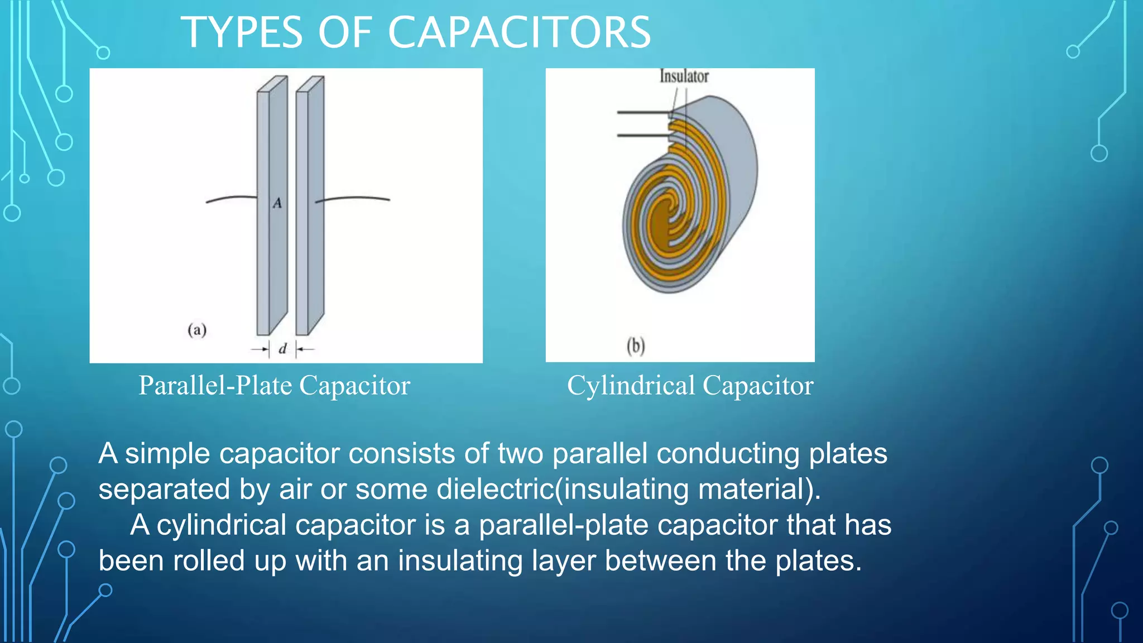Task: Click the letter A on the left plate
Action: (277, 203)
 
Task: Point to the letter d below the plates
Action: (282, 349)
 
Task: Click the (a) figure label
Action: (197, 330)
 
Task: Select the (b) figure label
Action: (636, 346)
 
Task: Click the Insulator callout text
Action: (684, 76)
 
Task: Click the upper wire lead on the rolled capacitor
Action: (642, 113)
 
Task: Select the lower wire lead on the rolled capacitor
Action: (642, 136)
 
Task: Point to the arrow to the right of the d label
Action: (305, 349)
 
